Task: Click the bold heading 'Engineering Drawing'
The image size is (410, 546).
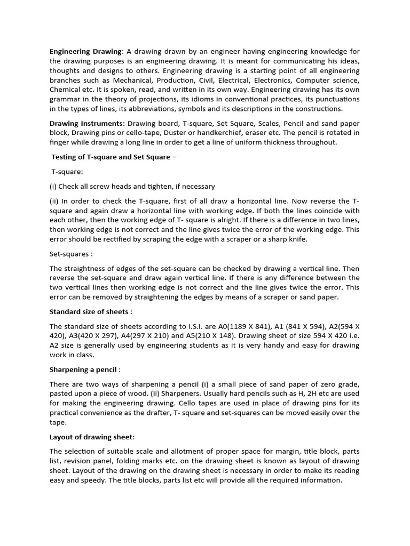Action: pos(86,51)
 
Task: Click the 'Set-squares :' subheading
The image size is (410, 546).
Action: pos(71,254)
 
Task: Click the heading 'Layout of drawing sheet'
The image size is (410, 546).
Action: pos(91,437)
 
